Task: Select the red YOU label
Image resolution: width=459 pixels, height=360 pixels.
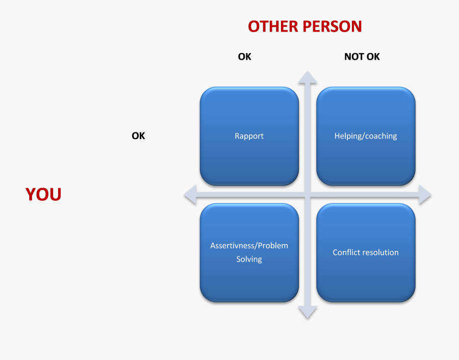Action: coord(43,194)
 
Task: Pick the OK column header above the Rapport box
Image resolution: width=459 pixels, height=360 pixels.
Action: coord(244,57)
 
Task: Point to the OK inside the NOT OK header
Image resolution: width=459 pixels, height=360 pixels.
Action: coord(373,57)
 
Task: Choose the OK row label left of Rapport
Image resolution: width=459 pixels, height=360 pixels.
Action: coord(138,136)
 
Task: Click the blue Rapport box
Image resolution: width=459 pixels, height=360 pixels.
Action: coord(249,136)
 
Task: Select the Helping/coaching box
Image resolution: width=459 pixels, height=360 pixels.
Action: coord(366,136)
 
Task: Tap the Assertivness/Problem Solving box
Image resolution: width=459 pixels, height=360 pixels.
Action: coord(249,252)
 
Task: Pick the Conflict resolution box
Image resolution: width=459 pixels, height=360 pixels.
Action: coord(366,252)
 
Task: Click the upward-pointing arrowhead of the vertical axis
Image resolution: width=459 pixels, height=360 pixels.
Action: coord(308,77)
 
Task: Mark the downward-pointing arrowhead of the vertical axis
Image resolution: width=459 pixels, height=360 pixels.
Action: coord(308,312)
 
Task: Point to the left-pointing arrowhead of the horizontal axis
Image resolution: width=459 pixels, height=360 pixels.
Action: coord(190,195)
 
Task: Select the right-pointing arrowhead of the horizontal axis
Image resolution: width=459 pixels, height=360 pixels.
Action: coord(425,195)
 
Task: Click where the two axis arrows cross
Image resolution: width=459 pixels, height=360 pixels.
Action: coord(308,195)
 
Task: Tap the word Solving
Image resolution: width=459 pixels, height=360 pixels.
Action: coord(249,260)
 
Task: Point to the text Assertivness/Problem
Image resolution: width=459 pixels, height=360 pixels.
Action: coord(249,246)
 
